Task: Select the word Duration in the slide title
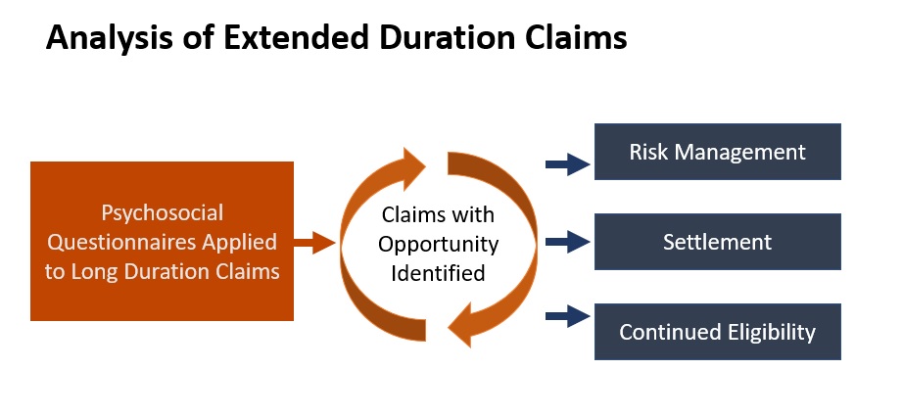pyautogui.click(x=446, y=37)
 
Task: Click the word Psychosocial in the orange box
pyautogui.click(x=162, y=213)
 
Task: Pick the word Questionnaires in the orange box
pyautogui.click(x=120, y=242)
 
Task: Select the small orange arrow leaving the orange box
pyautogui.click(x=313, y=242)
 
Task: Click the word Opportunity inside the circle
pyautogui.click(x=438, y=244)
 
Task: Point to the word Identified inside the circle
pyautogui.click(x=438, y=273)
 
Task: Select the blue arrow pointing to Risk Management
pyautogui.click(x=567, y=164)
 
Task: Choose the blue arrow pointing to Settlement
pyautogui.click(x=567, y=242)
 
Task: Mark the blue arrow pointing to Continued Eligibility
pyautogui.click(x=567, y=316)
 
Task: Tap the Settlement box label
pyautogui.click(x=717, y=242)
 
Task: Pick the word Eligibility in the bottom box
pyautogui.click(x=770, y=332)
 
